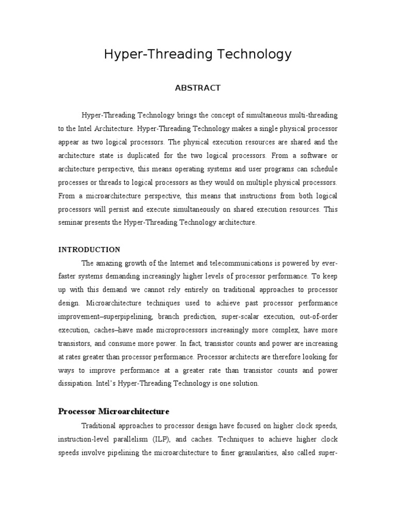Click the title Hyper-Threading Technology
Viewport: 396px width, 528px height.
point(198,54)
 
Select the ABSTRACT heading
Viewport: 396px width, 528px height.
point(198,88)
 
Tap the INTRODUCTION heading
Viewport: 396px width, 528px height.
point(89,250)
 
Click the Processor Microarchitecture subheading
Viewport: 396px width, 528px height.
point(113,411)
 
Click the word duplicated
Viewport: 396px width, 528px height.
point(158,155)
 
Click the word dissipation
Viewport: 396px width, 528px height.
point(75,384)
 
